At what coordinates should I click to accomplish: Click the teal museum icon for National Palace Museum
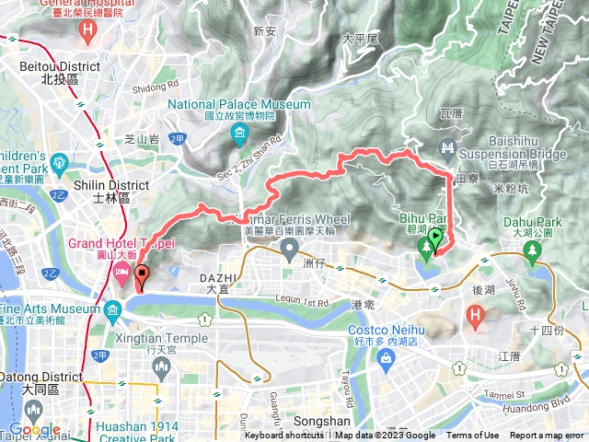[x=239, y=138]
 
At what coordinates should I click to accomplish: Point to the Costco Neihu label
[x=387, y=330]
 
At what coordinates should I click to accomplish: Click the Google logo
[x=35, y=430]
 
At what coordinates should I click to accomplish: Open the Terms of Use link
[x=473, y=436]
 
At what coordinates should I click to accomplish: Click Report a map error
[x=547, y=436]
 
